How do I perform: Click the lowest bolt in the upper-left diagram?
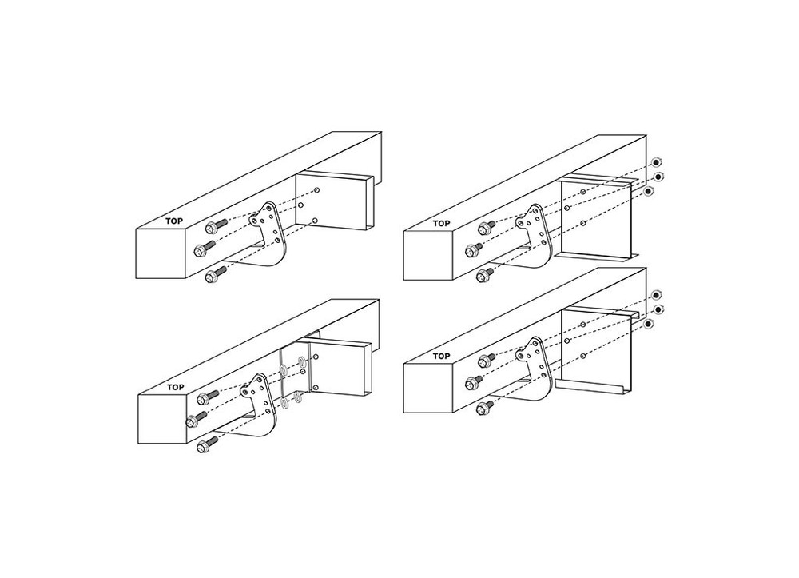coord(214,277)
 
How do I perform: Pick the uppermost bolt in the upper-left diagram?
coord(214,226)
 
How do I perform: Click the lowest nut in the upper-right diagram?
coord(649,191)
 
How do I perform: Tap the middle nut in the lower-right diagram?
coord(658,309)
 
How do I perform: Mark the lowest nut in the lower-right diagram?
coord(649,324)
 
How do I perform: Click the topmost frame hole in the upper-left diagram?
coord(317,190)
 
